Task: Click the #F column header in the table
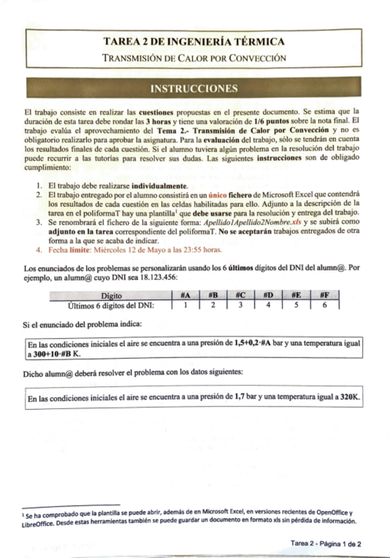(324, 295)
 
